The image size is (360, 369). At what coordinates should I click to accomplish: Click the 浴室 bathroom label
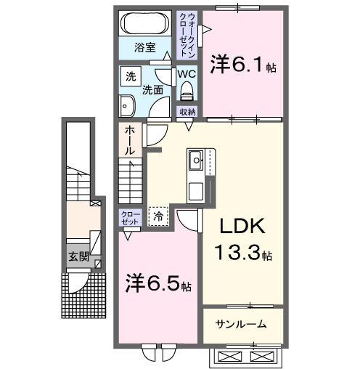point(145,48)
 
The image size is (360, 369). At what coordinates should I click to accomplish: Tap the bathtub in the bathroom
point(145,22)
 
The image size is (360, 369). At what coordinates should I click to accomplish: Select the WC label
point(186,74)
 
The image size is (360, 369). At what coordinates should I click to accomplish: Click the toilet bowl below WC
point(187,92)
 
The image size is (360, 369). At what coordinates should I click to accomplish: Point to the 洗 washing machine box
point(131,76)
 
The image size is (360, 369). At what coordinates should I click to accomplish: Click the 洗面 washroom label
point(152,91)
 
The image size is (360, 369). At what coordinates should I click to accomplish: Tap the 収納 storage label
point(187,111)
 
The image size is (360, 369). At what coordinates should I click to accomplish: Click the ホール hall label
point(128,139)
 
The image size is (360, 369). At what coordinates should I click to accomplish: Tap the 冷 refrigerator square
point(157,215)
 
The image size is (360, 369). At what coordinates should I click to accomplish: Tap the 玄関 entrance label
point(78,256)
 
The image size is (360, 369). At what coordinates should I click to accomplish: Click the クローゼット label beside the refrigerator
point(131,216)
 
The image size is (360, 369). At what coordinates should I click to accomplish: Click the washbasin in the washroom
point(126,104)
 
